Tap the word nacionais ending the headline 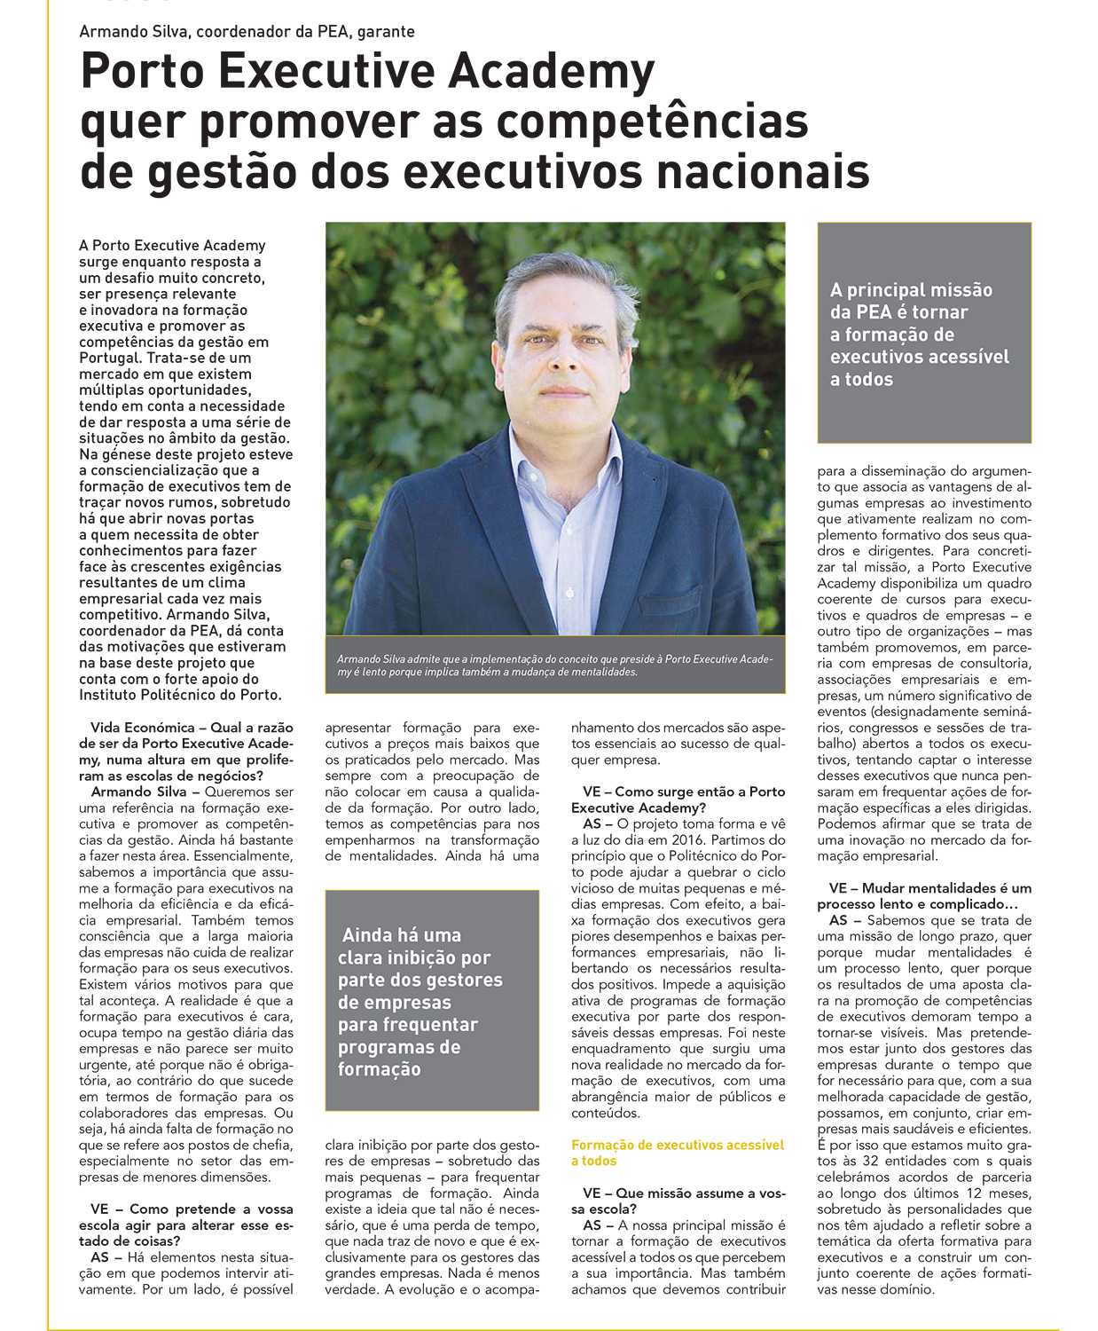[x=769, y=171]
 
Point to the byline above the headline [x=247, y=31]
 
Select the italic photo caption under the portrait [x=554, y=665]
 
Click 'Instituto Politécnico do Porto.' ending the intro [x=180, y=695]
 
